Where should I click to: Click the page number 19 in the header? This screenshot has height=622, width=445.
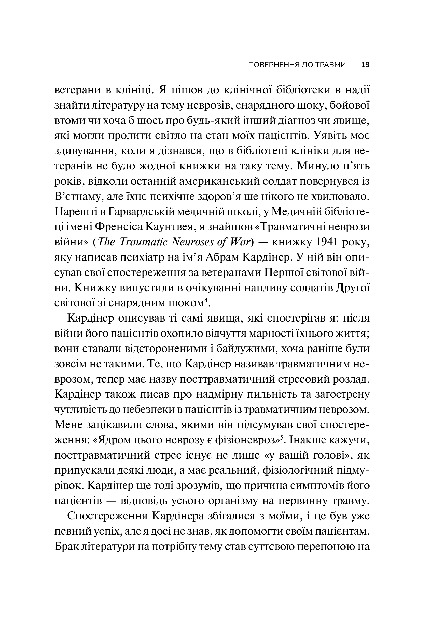coord(366,65)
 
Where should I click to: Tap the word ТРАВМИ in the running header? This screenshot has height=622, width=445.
coord(331,65)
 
